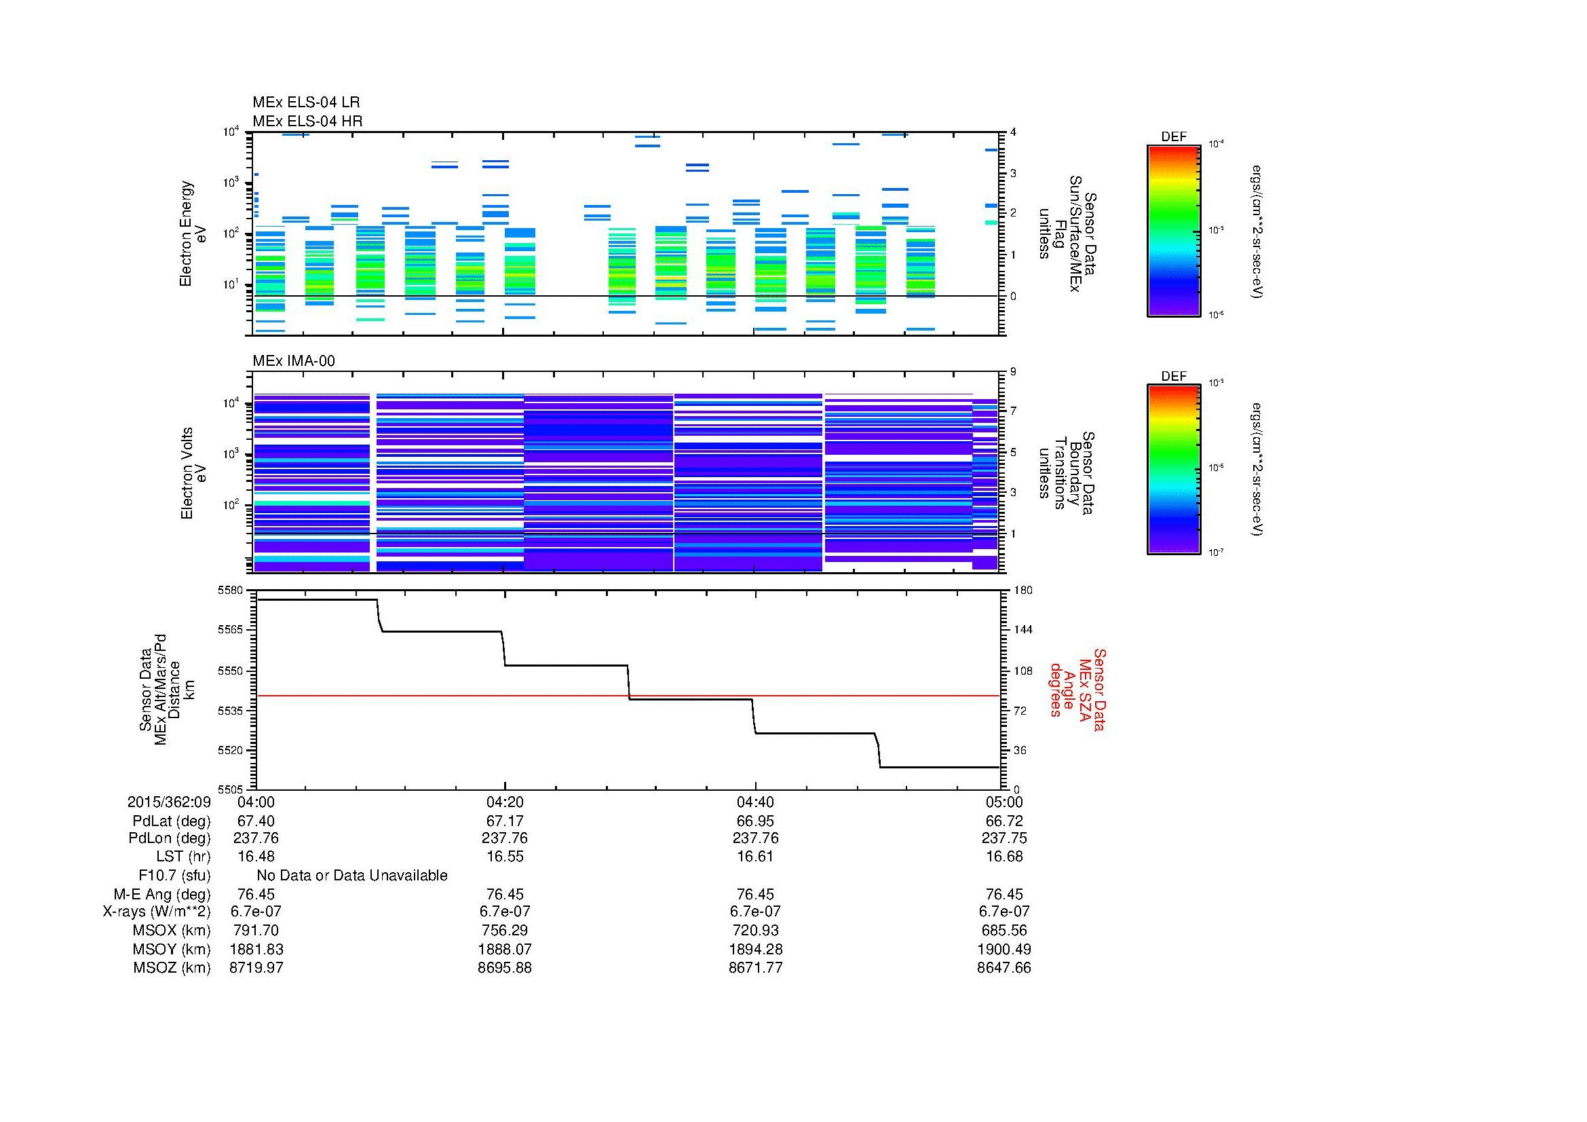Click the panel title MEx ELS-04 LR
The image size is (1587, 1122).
coord(305,103)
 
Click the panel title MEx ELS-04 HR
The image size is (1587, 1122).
coord(307,121)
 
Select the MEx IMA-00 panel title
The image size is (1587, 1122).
coord(293,361)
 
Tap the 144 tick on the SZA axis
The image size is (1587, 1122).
coord(1022,630)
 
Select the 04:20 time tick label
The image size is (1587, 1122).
coord(505,802)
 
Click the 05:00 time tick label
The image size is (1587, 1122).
coord(1003,802)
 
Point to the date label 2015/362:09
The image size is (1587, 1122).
coord(169,802)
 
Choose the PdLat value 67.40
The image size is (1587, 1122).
coord(256,821)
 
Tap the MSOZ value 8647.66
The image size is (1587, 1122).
coord(1003,968)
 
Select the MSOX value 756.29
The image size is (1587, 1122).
coord(505,931)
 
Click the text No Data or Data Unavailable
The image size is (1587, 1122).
coord(352,876)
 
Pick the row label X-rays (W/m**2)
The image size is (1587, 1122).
coord(157,912)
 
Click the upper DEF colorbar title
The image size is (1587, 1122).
coord(1174,137)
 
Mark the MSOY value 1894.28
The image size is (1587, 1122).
coord(754,949)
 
